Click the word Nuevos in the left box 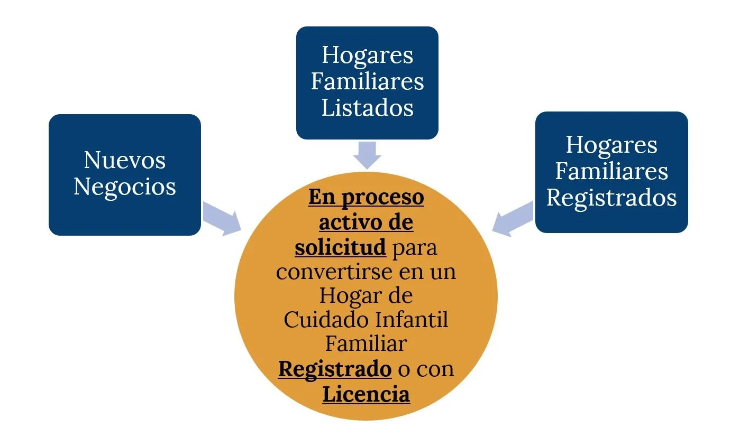pos(125,160)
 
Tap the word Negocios pos(125,187)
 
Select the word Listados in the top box pos(367,108)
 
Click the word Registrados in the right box pos(611,198)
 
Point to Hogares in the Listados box pos(367,55)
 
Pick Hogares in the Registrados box pos(611,145)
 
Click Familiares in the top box pos(367,81)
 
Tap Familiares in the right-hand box pos(611,171)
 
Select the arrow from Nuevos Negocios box pos(221,217)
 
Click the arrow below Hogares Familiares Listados pos(367,154)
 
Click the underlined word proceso pos(382,198)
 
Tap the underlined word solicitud pos(340,247)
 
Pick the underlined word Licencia pos(366,394)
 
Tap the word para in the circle pos(415,247)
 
